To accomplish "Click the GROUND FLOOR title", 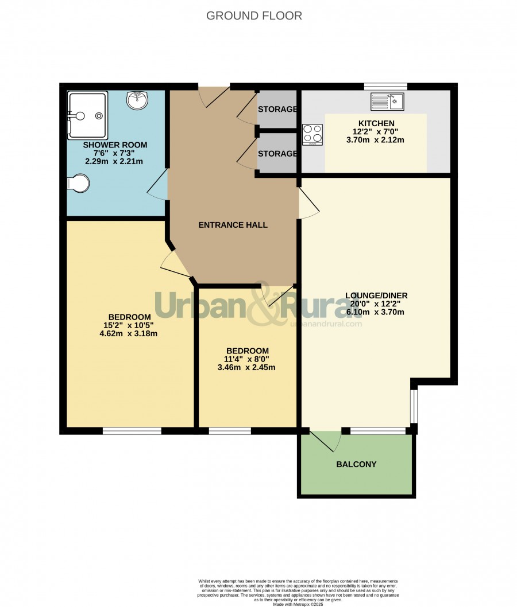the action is click(254, 15).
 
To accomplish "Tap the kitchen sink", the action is click(387, 102).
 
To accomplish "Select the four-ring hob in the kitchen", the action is click(312, 134).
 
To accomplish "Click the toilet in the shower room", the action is click(78, 184).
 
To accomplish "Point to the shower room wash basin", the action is click(137, 100).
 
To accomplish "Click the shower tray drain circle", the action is click(99, 115).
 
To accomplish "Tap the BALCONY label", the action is click(356, 464).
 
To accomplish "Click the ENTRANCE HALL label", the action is click(233, 225).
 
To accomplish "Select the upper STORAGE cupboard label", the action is click(277, 109).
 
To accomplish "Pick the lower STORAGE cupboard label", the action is click(277, 154).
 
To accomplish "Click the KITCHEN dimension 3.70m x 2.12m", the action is click(375, 140).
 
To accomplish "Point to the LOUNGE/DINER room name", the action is click(376, 295).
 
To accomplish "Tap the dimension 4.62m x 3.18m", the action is click(128, 333).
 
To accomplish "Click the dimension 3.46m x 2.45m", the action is click(246, 367).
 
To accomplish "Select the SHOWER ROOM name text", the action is click(115, 145).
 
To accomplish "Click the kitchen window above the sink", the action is click(385, 86).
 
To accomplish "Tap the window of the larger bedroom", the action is click(132, 431).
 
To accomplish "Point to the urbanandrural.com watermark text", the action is click(326, 324).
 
